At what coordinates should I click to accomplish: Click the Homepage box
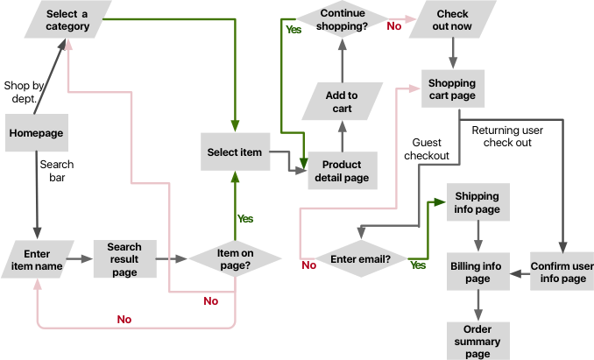(37, 133)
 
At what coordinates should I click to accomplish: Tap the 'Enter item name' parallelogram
(37, 259)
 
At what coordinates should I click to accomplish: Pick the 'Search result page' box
(124, 259)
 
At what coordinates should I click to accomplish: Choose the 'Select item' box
(234, 152)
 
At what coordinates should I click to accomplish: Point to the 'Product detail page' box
(342, 171)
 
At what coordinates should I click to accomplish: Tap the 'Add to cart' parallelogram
(342, 102)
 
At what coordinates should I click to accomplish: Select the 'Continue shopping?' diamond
(343, 19)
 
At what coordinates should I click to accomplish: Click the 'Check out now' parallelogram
(452, 19)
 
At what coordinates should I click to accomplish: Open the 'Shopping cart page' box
(452, 89)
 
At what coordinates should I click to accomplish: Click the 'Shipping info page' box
(477, 203)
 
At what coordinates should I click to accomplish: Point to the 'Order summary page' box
(477, 341)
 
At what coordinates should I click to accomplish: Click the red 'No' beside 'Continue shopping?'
(395, 25)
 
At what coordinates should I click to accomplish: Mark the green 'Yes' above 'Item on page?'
(245, 218)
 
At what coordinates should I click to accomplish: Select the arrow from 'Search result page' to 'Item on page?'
(172, 259)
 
